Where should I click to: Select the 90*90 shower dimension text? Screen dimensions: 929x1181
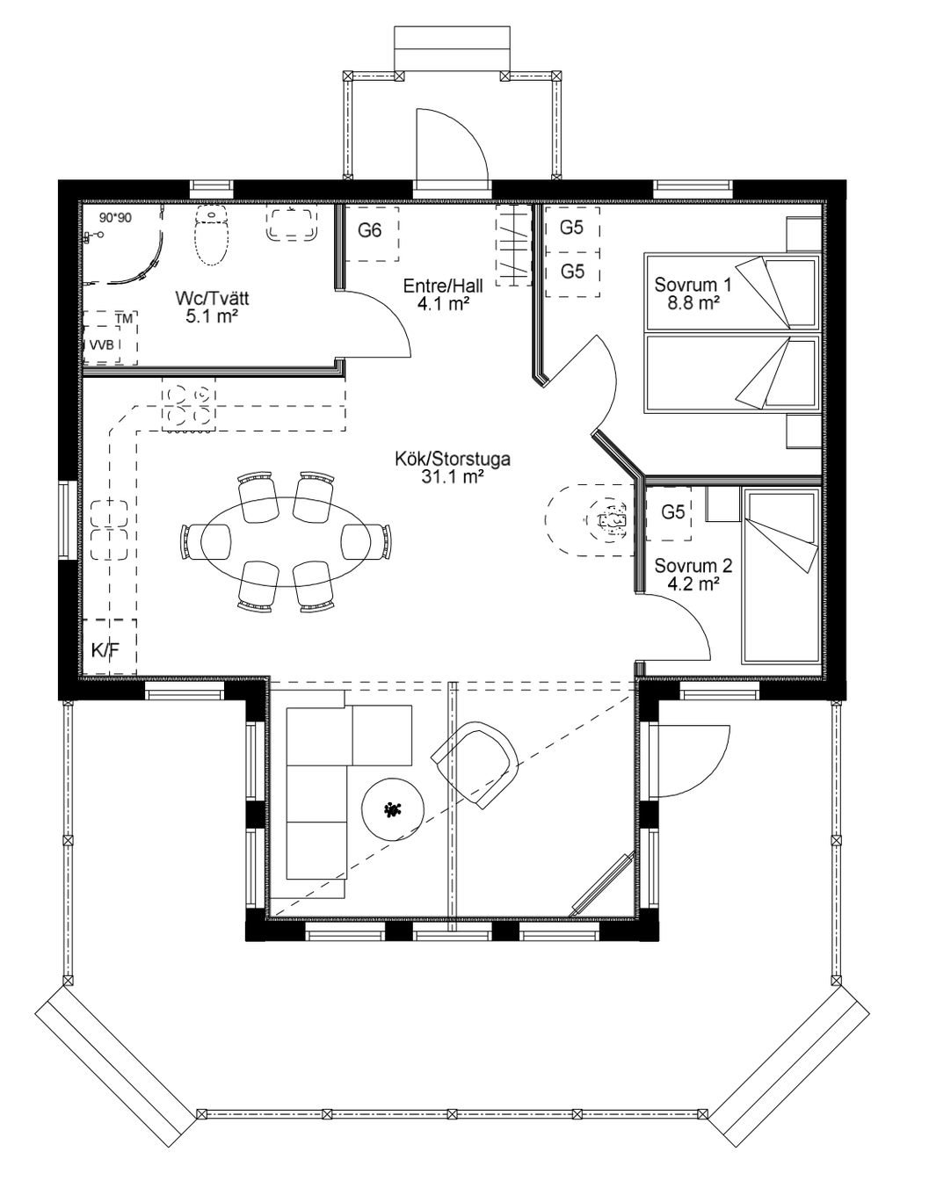[115, 218]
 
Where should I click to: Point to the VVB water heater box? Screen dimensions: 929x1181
[102, 344]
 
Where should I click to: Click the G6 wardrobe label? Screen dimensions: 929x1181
[369, 230]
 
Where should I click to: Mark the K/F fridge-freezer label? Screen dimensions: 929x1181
[105, 650]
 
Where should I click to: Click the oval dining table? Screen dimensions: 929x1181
[286, 541]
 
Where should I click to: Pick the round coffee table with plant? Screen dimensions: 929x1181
[392, 809]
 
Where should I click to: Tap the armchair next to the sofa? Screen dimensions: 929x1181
[475, 764]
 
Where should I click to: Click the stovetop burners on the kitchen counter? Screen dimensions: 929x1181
[188, 404]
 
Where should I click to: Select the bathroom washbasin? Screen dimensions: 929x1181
[292, 224]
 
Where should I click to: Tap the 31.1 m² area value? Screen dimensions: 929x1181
[453, 477]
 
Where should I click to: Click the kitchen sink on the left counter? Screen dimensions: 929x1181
[109, 530]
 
